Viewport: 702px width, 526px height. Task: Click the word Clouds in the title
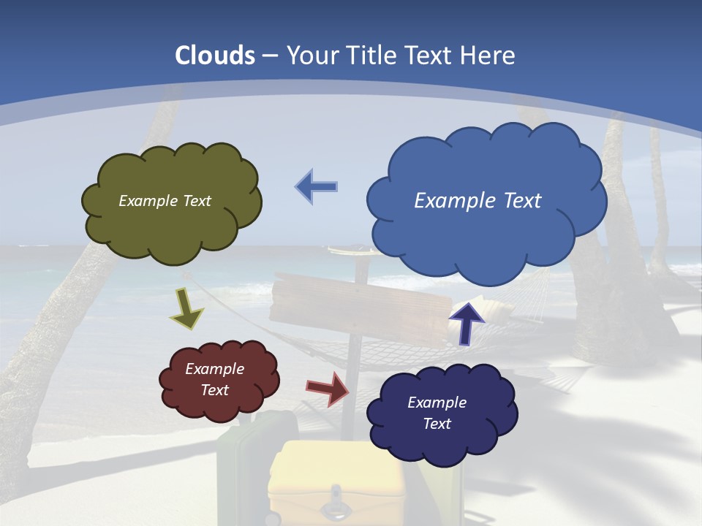215,56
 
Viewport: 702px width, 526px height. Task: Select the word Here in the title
488,56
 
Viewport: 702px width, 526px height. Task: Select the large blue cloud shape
486,234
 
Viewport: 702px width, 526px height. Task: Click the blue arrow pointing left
317,187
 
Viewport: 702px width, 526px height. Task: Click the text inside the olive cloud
165,201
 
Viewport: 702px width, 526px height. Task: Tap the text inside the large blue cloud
478,201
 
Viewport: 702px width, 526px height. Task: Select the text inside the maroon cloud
215,379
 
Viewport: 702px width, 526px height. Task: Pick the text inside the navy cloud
437,413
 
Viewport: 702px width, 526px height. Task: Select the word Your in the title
313,56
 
